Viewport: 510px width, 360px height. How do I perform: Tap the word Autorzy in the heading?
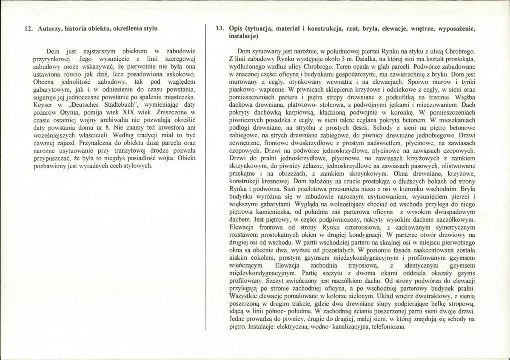pyautogui.click(x=50, y=29)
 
